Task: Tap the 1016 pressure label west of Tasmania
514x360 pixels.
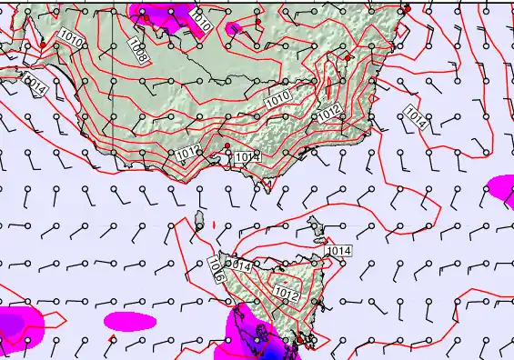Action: pos(216,270)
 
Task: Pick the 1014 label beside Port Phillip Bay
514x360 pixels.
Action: pos(247,157)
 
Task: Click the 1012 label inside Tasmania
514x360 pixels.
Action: pos(287,294)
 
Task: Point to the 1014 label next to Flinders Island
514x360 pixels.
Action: pos(338,251)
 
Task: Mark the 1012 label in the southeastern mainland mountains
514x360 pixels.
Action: pos(329,114)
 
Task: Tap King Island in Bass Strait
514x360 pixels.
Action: pos(198,219)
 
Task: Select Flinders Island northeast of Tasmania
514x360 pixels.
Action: pos(318,224)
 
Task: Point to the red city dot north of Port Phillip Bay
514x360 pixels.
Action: pos(227,146)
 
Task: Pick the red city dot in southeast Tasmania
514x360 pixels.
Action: pos(299,340)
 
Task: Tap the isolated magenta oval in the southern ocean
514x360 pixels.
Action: pos(129,321)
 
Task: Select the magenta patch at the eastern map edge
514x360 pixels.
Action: pos(501,186)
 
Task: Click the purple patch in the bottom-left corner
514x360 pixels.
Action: pos(16,325)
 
